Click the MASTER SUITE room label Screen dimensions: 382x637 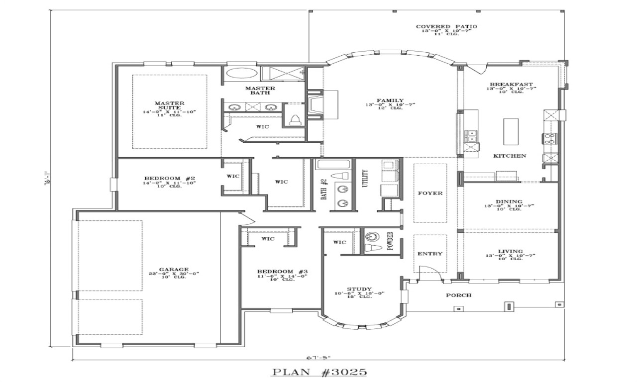(x=170, y=106)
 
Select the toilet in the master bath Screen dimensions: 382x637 (x=295, y=119)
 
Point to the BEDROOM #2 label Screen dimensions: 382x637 (x=170, y=178)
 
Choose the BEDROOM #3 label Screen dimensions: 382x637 (x=282, y=272)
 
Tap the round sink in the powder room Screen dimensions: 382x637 (x=371, y=236)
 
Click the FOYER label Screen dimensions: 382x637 (x=430, y=193)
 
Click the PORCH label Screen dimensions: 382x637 (x=458, y=295)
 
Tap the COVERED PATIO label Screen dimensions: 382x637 (x=446, y=26)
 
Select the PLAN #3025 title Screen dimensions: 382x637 (x=319, y=372)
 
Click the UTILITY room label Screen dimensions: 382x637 (x=365, y=178)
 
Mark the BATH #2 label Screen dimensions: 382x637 (x=324, y=189)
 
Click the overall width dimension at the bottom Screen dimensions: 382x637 (x=318, y=357)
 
